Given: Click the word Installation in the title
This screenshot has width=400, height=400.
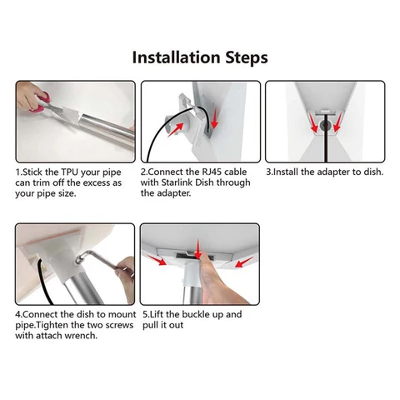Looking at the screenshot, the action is [176, 57].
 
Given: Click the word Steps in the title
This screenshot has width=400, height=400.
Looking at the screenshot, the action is [247, 57].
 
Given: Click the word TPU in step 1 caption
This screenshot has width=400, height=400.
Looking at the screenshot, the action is [70, 172].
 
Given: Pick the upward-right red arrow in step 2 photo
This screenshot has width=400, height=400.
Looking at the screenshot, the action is [176, 129].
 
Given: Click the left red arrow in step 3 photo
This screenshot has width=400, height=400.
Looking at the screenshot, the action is [313, 124].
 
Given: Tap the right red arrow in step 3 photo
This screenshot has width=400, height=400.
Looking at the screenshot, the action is [337, 124].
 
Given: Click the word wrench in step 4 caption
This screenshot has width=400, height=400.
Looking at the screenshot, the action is [81, 336].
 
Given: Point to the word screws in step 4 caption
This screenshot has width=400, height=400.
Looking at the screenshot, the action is [119, 325].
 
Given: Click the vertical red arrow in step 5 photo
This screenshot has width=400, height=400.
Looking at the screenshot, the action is [197, 248].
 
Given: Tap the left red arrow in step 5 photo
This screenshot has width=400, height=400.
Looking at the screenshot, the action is [157, 261].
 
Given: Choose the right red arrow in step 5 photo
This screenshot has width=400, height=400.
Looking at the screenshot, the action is [244, 262].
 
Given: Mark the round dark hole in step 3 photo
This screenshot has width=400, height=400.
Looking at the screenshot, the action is [325, 126].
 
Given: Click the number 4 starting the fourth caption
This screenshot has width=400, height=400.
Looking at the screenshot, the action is [17, 314].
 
